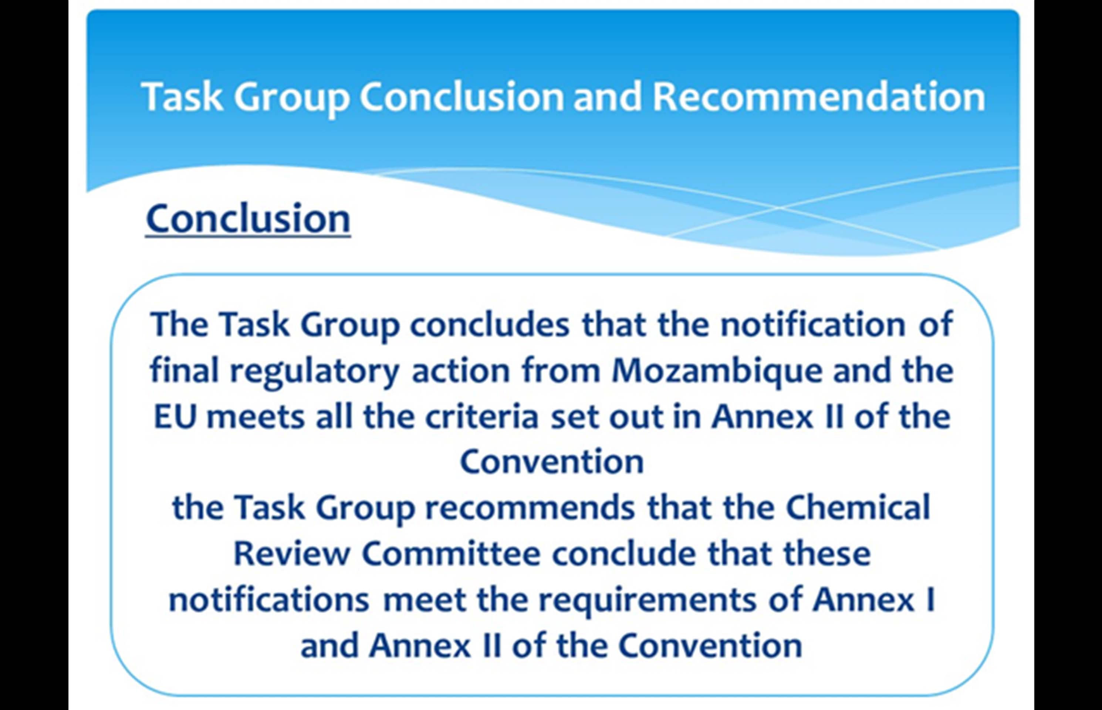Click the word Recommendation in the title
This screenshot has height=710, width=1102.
coord(819,97)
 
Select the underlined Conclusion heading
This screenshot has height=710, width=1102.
coord(248,219)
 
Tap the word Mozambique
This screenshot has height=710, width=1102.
coord(717,372)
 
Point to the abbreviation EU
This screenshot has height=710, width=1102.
coord(175,416)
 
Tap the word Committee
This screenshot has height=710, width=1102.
coord(451,553)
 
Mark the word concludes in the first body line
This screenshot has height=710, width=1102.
coord(490,325)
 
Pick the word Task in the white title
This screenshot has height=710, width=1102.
coord(183,97)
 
